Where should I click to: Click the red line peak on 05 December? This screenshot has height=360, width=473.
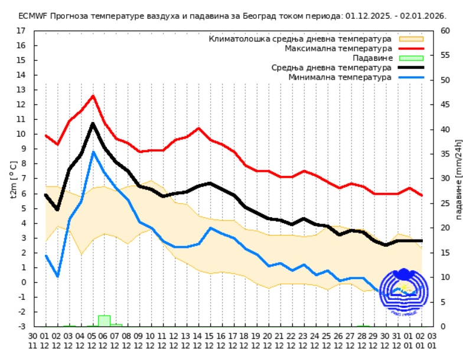[x=93, y=96]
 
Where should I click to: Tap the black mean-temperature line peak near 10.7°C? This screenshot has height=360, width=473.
[x=93, y=123]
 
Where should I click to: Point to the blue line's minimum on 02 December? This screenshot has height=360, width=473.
[x=57, y=276]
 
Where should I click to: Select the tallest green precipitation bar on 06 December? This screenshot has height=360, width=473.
[x=104, y=320]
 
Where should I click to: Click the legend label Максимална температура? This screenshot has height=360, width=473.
[x=338, y=48]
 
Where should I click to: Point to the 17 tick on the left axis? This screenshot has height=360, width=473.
[x=21, y=30]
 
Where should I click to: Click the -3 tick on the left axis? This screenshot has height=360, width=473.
[x=21, y=326]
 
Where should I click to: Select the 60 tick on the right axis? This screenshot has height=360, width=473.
[x=446, y=30]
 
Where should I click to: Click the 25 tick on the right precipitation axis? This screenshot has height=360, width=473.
[x=446, y=203]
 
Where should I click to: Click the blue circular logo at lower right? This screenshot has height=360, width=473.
[x=402, y=290]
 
